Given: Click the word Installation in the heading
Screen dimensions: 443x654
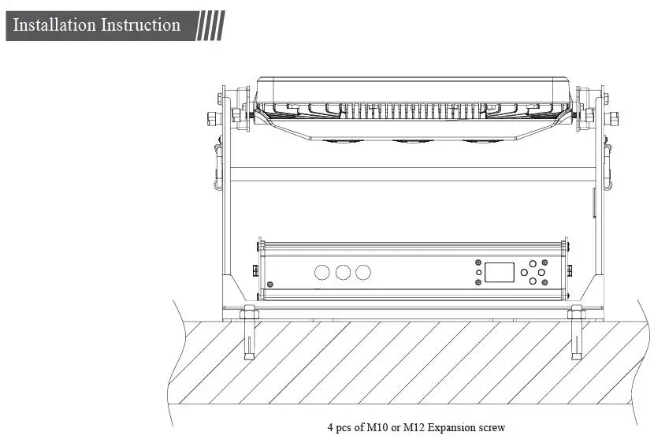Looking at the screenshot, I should click(x=53, y=25).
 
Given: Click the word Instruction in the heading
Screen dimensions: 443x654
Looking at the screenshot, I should click(x=139, y=25).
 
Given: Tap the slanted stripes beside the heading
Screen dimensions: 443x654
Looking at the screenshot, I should click(x=209, y=25).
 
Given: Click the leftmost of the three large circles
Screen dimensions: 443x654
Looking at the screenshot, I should click(x=323, y=273).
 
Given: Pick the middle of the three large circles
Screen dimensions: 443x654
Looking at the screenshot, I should click(x=343, y=273).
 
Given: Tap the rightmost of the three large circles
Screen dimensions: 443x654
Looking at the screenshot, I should click(x=362, y=273).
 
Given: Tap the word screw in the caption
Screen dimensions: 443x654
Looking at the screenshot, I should click(x=492, y=428).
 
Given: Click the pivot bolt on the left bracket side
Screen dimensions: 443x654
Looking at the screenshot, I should click(x=212, y=118).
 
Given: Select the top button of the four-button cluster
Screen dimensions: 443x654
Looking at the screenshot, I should click(x=534, y=263).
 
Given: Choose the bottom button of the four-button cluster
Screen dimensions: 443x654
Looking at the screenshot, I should click(x=534, y=281).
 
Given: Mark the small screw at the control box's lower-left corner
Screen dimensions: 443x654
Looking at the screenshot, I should click(x=271, y=284).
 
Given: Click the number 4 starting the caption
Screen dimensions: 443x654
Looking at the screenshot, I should click(x=330, y=428).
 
